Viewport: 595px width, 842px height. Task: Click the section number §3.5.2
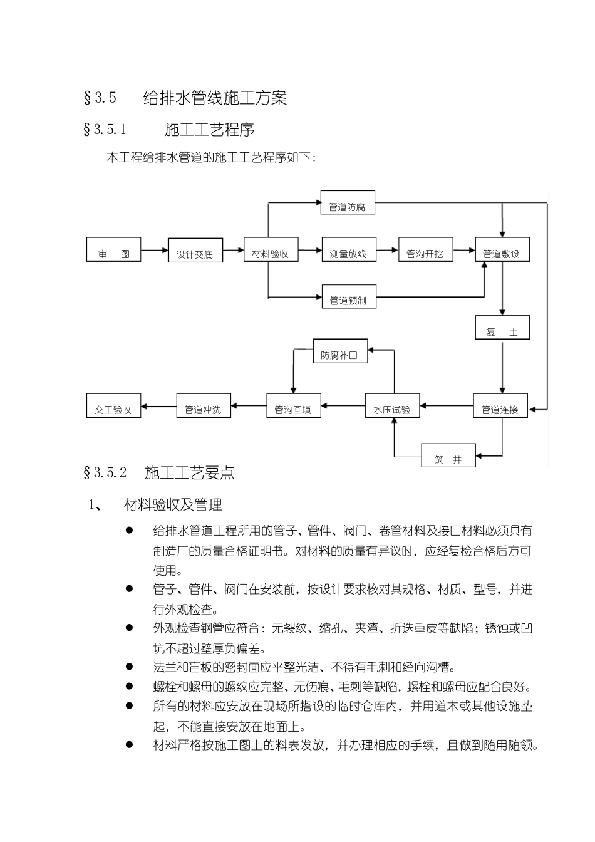105,473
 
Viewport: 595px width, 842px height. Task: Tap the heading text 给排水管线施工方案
215,98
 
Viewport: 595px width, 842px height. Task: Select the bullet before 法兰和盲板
130,667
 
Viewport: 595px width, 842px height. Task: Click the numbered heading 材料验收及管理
173,505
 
